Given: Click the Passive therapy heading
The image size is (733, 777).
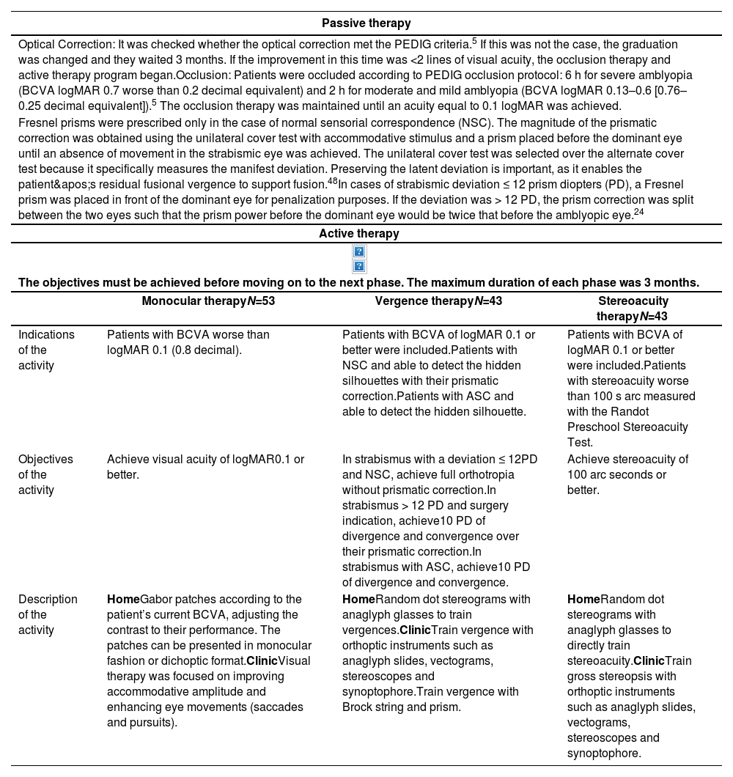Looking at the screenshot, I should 366,23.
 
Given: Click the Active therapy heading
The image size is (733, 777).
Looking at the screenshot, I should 359,233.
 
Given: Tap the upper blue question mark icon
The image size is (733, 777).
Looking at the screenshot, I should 359,251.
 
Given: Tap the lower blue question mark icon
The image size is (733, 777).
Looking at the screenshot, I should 359,266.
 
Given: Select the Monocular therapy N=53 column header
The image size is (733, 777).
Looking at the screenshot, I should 208,301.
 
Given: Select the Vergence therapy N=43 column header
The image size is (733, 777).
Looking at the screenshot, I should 438,301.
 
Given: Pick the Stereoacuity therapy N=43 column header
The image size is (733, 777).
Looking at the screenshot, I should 633,308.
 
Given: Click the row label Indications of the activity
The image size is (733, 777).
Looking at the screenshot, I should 46,350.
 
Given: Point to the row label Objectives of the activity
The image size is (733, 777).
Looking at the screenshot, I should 45,474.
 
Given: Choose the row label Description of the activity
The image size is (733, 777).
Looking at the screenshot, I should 48,614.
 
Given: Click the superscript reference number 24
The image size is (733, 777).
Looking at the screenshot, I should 638,213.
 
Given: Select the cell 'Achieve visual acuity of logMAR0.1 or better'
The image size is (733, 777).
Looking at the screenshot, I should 205,466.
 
